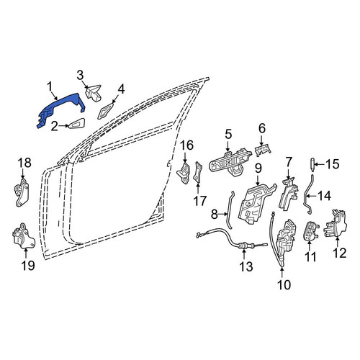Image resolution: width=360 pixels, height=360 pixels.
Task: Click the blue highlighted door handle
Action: [60, 108]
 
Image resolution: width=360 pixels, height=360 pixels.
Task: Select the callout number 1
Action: [50, 87]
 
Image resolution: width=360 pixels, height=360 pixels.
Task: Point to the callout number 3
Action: [80, 75]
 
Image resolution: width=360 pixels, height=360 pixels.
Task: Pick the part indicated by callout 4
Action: [105, 111]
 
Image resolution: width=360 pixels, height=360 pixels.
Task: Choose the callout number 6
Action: [262, 128]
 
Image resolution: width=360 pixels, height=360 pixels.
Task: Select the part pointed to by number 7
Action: [289, 194]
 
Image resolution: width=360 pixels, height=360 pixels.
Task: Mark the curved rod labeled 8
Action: [230, 210]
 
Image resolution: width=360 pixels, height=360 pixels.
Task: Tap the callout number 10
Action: [284, 284]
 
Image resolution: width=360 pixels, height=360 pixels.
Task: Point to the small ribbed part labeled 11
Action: [311, 231]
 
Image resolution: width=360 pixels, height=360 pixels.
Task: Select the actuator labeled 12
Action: [336, 225]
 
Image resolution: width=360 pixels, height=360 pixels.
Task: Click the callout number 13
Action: [246, 266]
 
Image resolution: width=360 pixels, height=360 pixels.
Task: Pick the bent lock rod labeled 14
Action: [307, 194]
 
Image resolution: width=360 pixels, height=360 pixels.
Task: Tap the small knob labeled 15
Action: [312, 164]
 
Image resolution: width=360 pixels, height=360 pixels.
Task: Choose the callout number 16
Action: [186, 145]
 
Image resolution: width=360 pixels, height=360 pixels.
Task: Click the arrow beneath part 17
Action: [198, 189]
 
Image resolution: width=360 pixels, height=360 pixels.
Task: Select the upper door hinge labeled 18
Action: [22, 193]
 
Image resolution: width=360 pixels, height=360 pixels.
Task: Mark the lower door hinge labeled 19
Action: [23, 236]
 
